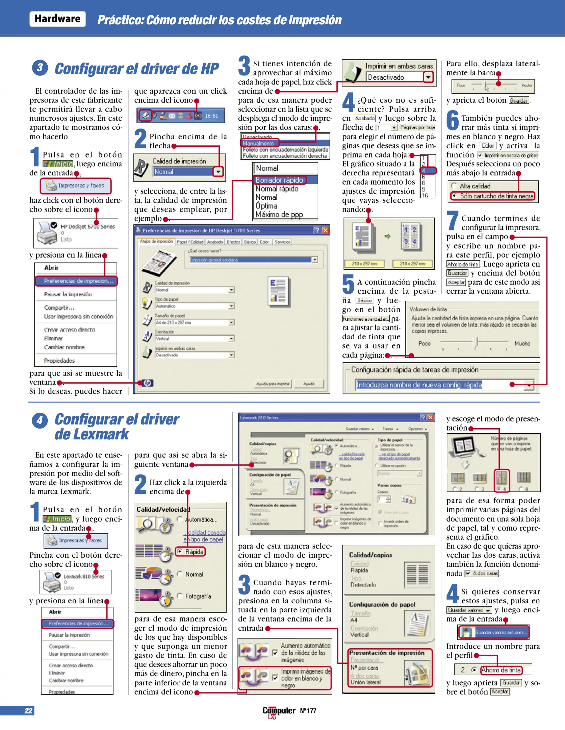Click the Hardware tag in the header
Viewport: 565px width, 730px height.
(x=57, y=19)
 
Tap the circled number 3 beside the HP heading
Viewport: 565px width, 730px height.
(x=40, y=68)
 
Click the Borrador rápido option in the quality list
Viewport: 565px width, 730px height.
(x=279, y=180)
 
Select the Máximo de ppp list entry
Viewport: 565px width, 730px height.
(x=279, y=215)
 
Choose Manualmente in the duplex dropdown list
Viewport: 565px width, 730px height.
(x=258, y=144)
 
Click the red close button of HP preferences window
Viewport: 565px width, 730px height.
(x=326, y=230)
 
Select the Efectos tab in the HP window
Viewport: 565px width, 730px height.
(x=233, y=242)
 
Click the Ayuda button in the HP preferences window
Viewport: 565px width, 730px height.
(x=309, y=384)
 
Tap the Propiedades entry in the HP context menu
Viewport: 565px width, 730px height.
(x=59, y=361)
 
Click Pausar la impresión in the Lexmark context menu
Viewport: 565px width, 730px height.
(x=69, y=635)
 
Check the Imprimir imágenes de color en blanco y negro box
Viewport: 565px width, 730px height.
(x=275, y=678)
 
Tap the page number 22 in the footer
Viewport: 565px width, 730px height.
(x=28, y=711)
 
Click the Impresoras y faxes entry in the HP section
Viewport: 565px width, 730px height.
(x=76, y=186)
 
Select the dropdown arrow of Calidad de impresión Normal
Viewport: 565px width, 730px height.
(x=218, y=172)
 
